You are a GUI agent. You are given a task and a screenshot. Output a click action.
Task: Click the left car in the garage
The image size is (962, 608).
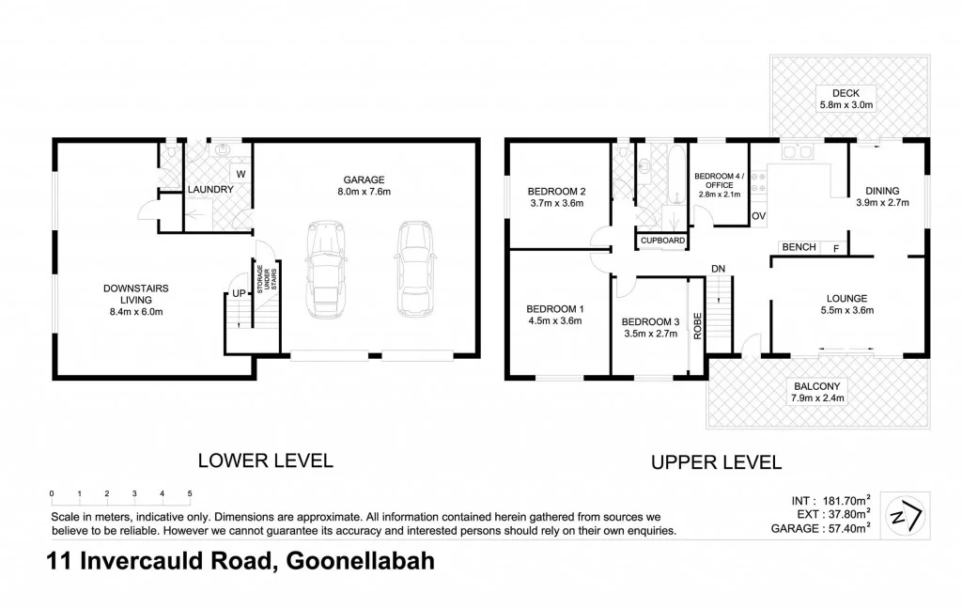(325, 269)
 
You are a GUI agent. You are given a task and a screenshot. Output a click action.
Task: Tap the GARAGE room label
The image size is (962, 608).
(364, 179)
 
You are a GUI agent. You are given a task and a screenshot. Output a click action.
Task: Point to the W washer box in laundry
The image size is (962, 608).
(240, 174)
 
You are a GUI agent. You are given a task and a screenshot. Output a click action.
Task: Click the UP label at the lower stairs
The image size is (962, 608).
(239, 293)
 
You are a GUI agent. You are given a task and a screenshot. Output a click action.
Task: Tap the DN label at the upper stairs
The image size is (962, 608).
(719, 270)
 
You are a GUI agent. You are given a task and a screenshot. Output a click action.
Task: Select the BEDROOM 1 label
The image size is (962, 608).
(554, 309)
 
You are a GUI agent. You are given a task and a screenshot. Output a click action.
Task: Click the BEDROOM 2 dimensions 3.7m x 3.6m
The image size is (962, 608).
(557, 203)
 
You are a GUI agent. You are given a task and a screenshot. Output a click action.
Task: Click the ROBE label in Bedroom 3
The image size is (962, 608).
(697, 324)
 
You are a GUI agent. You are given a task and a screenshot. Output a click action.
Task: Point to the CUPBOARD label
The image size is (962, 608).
(662, 241)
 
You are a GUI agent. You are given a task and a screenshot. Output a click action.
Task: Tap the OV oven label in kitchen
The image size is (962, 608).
(759, 217)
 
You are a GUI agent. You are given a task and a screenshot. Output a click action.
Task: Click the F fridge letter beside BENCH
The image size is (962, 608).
(835, 247)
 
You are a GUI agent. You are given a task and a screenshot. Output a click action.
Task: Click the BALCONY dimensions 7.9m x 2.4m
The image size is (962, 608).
(817, 398)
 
